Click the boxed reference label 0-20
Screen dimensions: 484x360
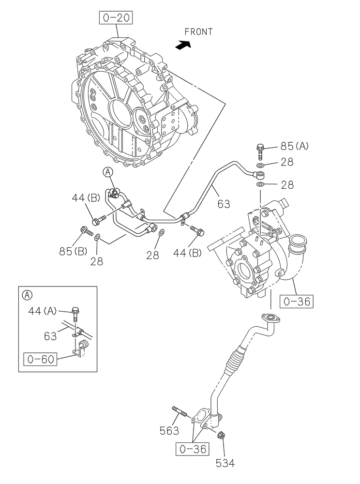116,18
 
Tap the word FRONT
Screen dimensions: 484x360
198,32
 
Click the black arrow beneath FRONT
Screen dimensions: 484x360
183,45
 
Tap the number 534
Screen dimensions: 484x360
225,463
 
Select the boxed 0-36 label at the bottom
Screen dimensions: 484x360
193,449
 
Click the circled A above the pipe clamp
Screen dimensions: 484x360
108,171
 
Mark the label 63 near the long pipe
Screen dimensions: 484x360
224,204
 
